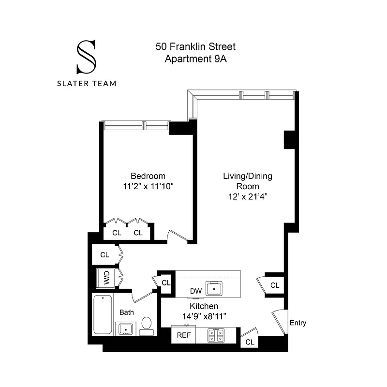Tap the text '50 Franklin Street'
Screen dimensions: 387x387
195,47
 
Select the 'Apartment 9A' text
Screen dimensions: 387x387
195,60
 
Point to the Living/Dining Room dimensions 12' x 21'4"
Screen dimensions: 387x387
247,197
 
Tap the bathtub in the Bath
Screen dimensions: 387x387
102,314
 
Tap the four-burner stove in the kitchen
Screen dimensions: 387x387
216,335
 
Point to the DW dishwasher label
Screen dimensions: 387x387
195,291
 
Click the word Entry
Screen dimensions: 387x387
298,323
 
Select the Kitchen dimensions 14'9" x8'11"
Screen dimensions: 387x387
204,316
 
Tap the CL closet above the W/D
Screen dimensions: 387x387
105,254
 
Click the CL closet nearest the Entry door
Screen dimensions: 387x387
250,342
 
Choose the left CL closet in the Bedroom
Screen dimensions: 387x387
117,233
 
